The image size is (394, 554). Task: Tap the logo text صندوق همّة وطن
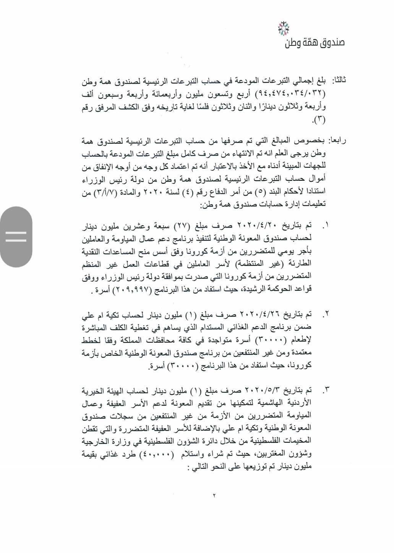315,42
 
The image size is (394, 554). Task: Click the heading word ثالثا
339,81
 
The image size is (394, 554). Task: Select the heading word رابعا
337,141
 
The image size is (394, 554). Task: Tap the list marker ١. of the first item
325,226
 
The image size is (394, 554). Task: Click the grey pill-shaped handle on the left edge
16,237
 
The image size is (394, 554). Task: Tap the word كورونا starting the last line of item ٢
302,366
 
